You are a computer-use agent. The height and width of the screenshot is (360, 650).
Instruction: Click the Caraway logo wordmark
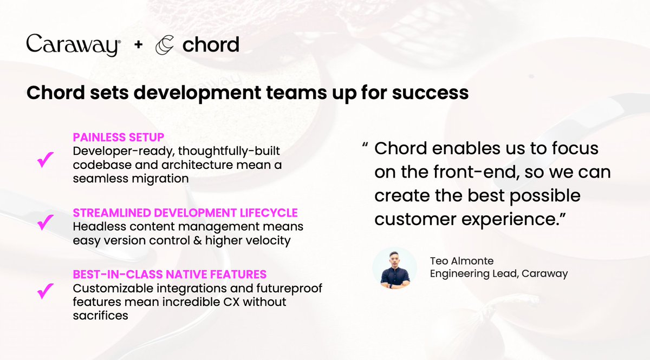[x=73, y=45]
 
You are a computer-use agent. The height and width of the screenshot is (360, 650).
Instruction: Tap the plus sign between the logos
[x=139, y=45]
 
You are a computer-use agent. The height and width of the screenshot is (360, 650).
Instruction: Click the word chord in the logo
[x=211, y=45]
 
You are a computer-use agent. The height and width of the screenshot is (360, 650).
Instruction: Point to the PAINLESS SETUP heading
[x=118, y=138]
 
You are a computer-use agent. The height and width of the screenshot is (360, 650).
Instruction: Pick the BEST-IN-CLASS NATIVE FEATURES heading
[x=170, y=275]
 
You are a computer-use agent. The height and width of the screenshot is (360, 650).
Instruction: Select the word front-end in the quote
[x=479, y=172]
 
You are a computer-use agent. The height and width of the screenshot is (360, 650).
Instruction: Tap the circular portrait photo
[x=394, y=269]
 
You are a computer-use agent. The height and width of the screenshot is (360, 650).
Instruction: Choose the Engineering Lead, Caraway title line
[x=498, y=273]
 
